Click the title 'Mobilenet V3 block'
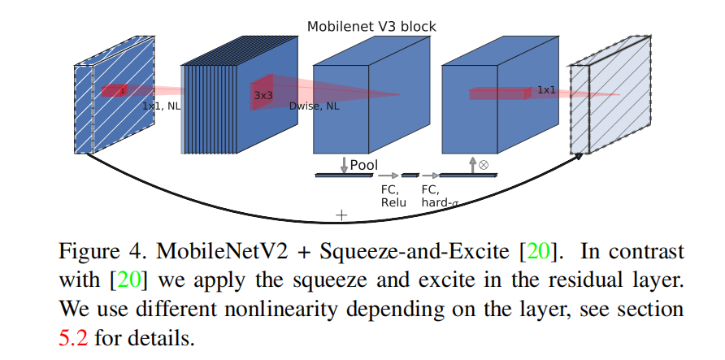point(371,27)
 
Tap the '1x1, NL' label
point(161,106)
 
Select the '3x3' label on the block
point(263,95)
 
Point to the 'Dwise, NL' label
point(314,106)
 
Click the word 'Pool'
point(363,165)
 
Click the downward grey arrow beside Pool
point(344,165)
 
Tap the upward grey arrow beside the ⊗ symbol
point(472,164)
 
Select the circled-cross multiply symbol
point(484,164)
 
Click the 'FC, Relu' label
point(393,196)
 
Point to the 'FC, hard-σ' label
point(440,196)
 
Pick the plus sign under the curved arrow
point(341,215)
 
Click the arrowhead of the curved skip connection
point(579,155)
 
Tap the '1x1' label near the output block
point(546,89)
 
